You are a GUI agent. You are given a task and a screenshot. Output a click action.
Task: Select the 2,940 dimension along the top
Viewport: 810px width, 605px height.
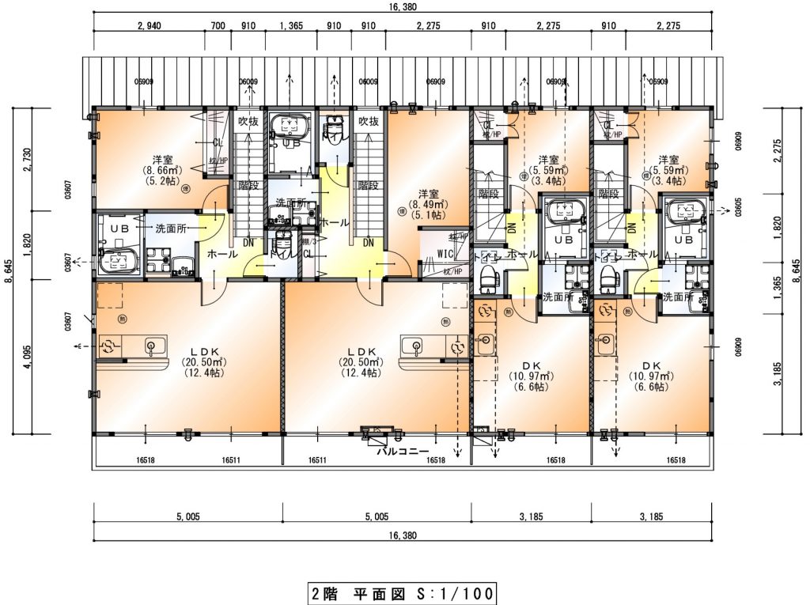(150, 26)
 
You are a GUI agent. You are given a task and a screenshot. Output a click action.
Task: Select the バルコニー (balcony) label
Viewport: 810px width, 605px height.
(402, 452)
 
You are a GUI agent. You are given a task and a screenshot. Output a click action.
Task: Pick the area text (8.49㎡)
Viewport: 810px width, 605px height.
(428, 203)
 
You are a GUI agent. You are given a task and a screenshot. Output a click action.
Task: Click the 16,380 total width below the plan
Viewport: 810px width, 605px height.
(403, 535)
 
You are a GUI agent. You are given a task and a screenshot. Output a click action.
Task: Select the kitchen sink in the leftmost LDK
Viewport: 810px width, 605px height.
(155, 346)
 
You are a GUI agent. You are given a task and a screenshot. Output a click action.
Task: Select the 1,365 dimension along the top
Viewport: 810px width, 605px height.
(291, 26)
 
